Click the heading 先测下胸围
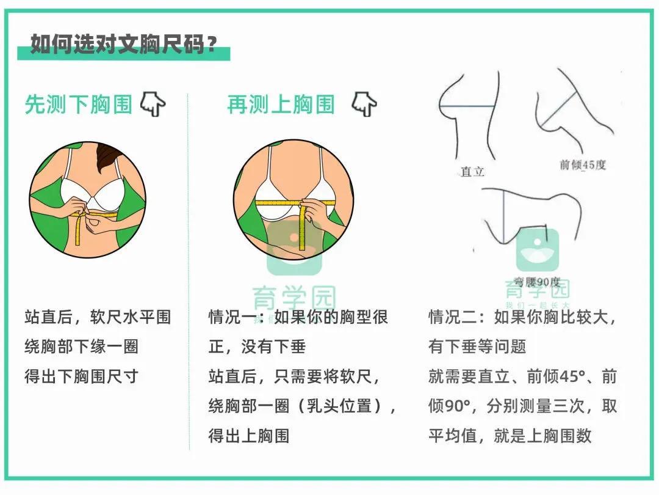tap(78, 105)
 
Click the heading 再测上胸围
tap(281, 105)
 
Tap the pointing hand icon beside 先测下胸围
tap(153, 105)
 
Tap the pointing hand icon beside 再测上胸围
tap(364, 105)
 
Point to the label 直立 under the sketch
tap(472, 172)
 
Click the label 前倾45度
tap(583, 165)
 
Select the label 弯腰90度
tap(537, 282)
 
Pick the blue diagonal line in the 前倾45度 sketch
tap(560, 109)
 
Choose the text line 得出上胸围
tap(248, 435)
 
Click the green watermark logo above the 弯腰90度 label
tap(537, 250)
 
